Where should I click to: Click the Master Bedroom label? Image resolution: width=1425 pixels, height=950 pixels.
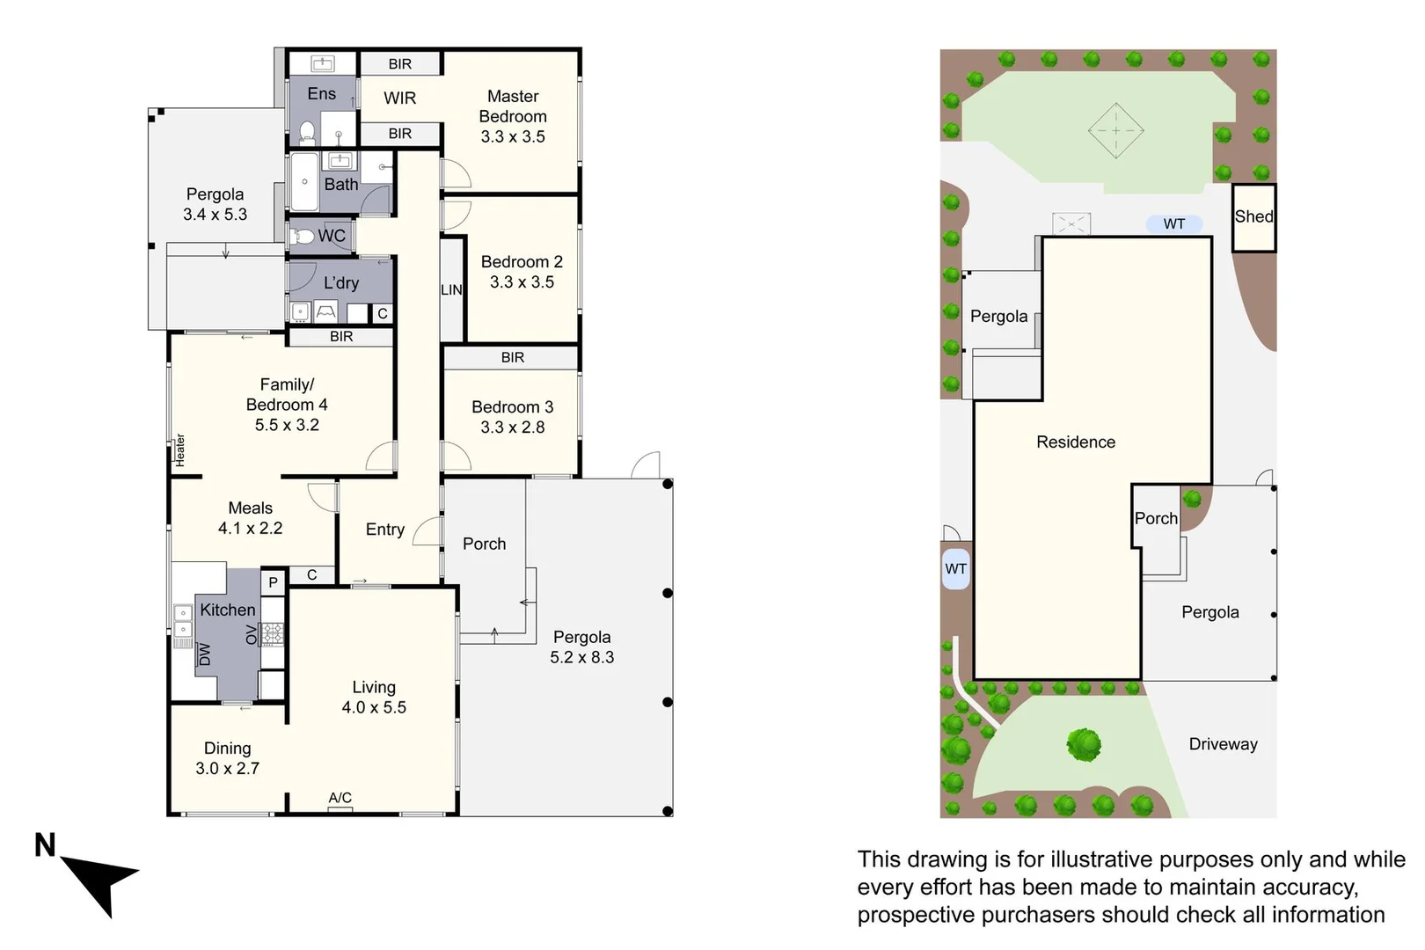pyautogui.click(x=513, y=106)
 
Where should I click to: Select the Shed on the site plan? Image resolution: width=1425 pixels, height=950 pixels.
pyautogui.click(x=1253, y=217)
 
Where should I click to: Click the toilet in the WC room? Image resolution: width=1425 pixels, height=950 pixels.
pyautogui.click(x=303, y=236)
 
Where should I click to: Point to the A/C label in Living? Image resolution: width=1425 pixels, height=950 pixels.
pyautogui.click(x=340, y=798)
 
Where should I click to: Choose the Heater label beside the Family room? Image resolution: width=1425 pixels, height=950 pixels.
pyautogui.click(x=180, y=449)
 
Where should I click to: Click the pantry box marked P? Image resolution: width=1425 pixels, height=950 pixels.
pyautogui.click(x=273, y=582)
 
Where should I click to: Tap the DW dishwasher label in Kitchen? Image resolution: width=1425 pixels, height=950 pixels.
pyautogui.click(x=205, y=654)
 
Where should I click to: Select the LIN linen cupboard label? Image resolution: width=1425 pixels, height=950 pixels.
pyautogui.click(x=451, y=289)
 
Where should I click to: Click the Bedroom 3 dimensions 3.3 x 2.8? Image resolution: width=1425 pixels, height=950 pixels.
pyautogui.click(x=513, y=427)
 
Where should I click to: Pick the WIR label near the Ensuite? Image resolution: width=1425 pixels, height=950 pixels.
pyautogui.click(x=399, y=99)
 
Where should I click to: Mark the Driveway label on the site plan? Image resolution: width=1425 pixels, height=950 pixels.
pyautogui.click(x=1223, y=744)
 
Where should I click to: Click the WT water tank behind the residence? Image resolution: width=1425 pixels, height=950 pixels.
pyautogui.click(x=1173, y=224)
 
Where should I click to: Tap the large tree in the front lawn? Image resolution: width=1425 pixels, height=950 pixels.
pyautogui.click(x=1084, y=744)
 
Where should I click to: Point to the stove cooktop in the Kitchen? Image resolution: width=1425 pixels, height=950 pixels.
pyautogui.click(x=273, y=633)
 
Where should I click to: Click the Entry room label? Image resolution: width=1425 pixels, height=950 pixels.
pyautogui.click(x=385, y=530)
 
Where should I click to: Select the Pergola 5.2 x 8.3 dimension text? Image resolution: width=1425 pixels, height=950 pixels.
pyautogui.click(x=581, y=657)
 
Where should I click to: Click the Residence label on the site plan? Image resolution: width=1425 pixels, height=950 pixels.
pyautogui.click(x=1075, y=442)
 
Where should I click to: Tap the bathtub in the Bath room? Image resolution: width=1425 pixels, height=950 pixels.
pyautogui.click(x=303, y=182)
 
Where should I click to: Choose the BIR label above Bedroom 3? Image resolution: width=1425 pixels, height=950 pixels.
pyautogui.click(x=512, y=357)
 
